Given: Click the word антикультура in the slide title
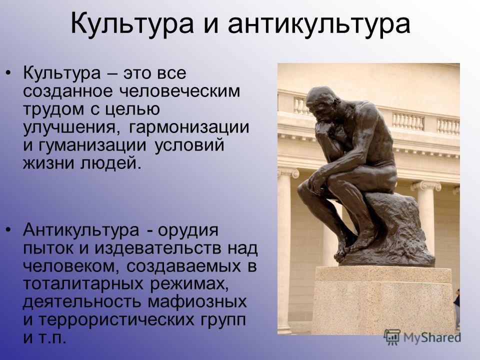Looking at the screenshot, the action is pyautogui.click(x=318, y=24).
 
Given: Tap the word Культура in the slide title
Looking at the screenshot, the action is pyautogui.click(x=132, y=24).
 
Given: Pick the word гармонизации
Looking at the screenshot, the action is pyautogui.click(x=189, y=127).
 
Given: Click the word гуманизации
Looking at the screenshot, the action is pyautogui.click(x=92, y=145).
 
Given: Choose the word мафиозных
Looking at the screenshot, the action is pyautogui.click(x=197, y=302).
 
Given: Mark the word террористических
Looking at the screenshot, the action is pyautogui.click(x=116, y=320).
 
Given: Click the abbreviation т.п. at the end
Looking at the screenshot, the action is pyautogui.click(x=52, y=338).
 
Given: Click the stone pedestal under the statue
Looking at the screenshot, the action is pyautogui.click(x=382, y=300).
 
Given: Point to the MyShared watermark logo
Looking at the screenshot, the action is pyautogui.click(x=422, y=337).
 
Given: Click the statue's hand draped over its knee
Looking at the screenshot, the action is pyautogui.click(x=316, y=183).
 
